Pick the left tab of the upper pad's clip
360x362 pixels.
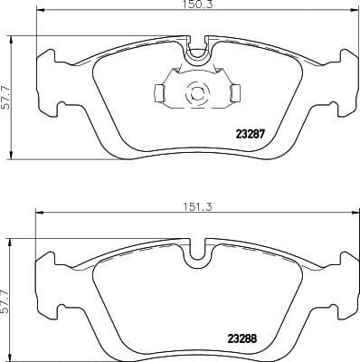158,92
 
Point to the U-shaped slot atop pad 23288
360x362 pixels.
196,255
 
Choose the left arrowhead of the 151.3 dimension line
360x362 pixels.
38,214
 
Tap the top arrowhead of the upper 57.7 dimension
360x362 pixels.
12,39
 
